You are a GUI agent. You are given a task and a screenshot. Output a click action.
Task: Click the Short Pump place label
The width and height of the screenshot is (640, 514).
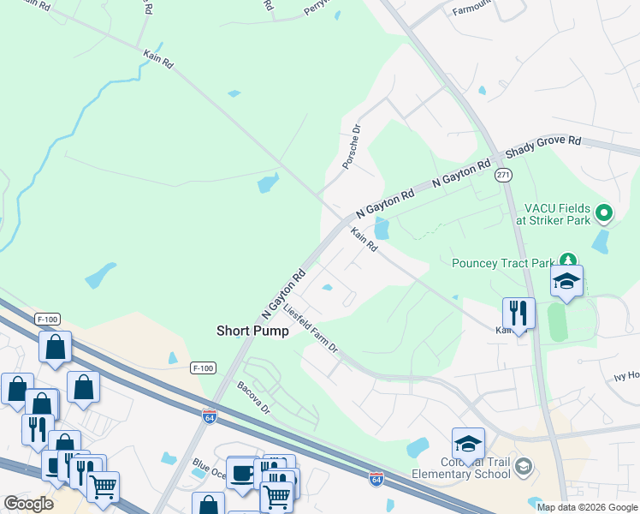(x=252, y=331)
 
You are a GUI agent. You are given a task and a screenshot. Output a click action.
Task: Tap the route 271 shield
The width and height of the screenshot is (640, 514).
(x=503, y=174)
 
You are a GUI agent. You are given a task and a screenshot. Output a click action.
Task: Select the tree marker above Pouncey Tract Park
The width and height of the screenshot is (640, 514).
(x=566, y=259)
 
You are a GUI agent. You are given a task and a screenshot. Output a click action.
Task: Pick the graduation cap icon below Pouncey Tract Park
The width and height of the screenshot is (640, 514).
(x=566, y=281)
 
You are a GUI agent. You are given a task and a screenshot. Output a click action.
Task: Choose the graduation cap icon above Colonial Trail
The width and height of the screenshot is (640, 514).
(x=468, y=443)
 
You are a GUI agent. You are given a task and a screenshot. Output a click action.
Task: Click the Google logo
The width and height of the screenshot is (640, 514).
(x=28, y=504)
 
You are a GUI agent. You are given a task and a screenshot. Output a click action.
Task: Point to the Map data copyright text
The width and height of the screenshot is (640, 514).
(x=586, y=507)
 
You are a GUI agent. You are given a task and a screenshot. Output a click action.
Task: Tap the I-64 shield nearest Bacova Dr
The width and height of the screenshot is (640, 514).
(x=210, y=417)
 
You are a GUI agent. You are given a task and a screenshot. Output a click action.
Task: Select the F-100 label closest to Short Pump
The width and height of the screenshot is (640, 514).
(x=202, y=368)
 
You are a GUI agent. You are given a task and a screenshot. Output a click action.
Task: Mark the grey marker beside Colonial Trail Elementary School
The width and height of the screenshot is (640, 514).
(x=523, y=467)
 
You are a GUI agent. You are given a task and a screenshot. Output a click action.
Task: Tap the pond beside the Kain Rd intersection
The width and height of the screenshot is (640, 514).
(x=382, y=228)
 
